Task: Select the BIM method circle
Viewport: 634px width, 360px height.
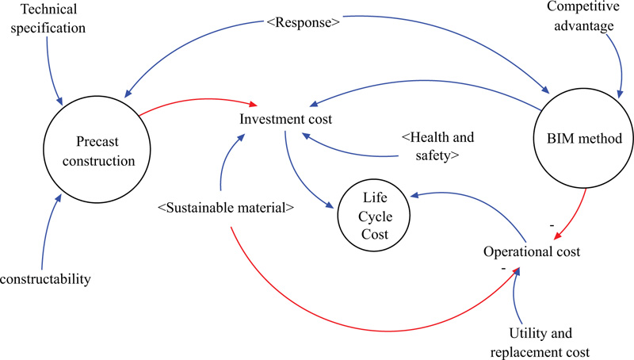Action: coord(585,138)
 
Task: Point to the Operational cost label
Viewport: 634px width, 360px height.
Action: coord(532,252)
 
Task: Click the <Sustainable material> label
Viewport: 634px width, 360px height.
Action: coord(227,209)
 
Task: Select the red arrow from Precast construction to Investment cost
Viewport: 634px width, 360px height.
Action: coord(198,101)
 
